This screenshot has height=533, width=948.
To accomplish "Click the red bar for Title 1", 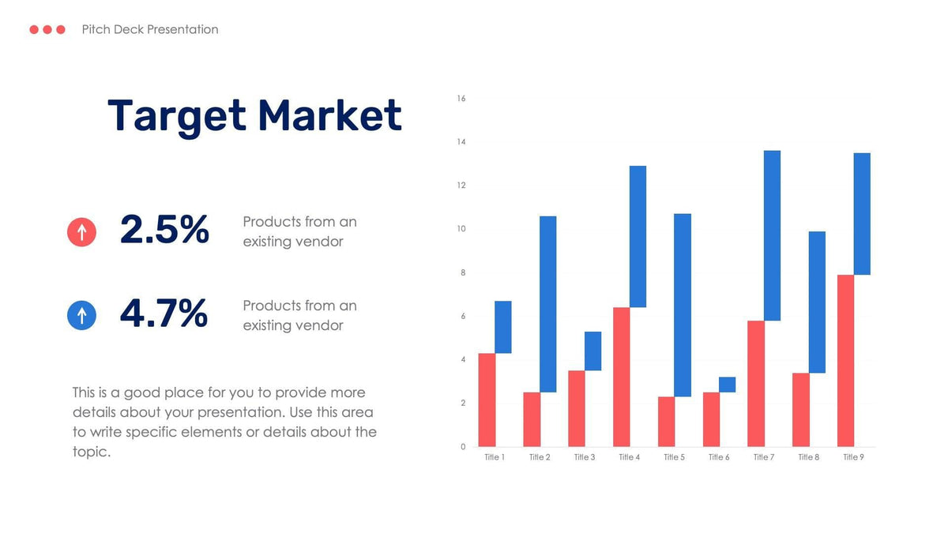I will pyautogui.click(x=487, y=400).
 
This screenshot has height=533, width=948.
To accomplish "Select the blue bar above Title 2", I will pyautogui.click(x=547, y=304).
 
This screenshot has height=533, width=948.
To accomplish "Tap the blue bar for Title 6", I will pyautogui.click(x=727, y=385).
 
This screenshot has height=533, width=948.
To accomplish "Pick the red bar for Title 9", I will pyautogui.click(x=845, y=361).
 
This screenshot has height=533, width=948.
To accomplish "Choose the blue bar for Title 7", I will pyautogui.click(x=772, y=235).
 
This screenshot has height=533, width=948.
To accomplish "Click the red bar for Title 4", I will pyautogui.click(x=621, y=377).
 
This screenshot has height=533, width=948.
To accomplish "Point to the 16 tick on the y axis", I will pyautogui.click(x=461, y=99).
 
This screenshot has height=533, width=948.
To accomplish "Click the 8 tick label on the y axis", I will pyautogui.click(x=463, y=272).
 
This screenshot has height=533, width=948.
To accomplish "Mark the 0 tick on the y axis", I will pyautogui.click(x=463, y=447).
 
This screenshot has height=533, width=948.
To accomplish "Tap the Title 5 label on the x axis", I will pyautogui.click(x=674, y=457).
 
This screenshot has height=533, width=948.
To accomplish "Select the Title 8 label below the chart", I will pyautogui.click(x=808, y=457).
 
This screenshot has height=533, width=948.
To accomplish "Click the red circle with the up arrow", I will pyautogui.click(x=81, y=232).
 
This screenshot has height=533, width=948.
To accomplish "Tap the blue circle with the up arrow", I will pyautogui.click(x=81, y=315).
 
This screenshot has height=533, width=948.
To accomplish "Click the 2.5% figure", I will pyautogui.click(x=164, y=230).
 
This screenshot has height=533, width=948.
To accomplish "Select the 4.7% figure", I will pyautogui.click(x=164, y=313).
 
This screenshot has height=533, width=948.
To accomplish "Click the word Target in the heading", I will pyautogui.click(x=177, y=115).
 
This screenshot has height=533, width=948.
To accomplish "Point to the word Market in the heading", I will pyautogui.click(x=329, y=115).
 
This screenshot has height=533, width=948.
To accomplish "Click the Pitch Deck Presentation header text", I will pyautogui.click(x=150, y=29).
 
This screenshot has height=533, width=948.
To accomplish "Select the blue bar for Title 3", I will pyautogui.click(x=592, y=351).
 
